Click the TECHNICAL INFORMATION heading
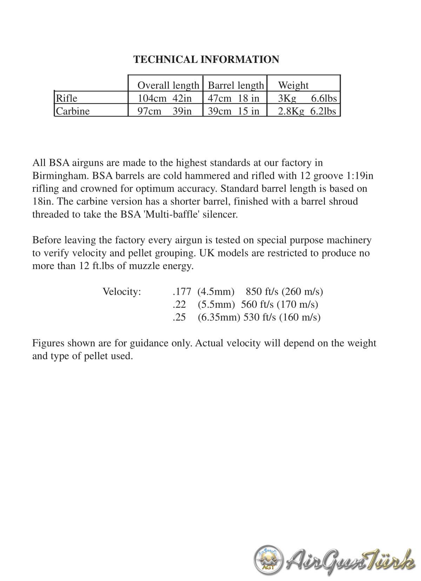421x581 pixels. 206,59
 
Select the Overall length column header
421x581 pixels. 168,85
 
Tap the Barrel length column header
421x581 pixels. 236,85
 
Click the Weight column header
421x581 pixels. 293,85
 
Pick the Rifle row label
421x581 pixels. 67,98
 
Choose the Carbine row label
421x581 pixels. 73,111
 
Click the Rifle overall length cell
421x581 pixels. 165,98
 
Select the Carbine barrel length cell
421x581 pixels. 234,111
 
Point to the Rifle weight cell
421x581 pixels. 307,98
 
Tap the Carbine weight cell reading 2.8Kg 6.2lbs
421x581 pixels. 307,111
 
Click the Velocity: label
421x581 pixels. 122,292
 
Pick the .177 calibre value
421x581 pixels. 182,292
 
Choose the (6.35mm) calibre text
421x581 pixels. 219,318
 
